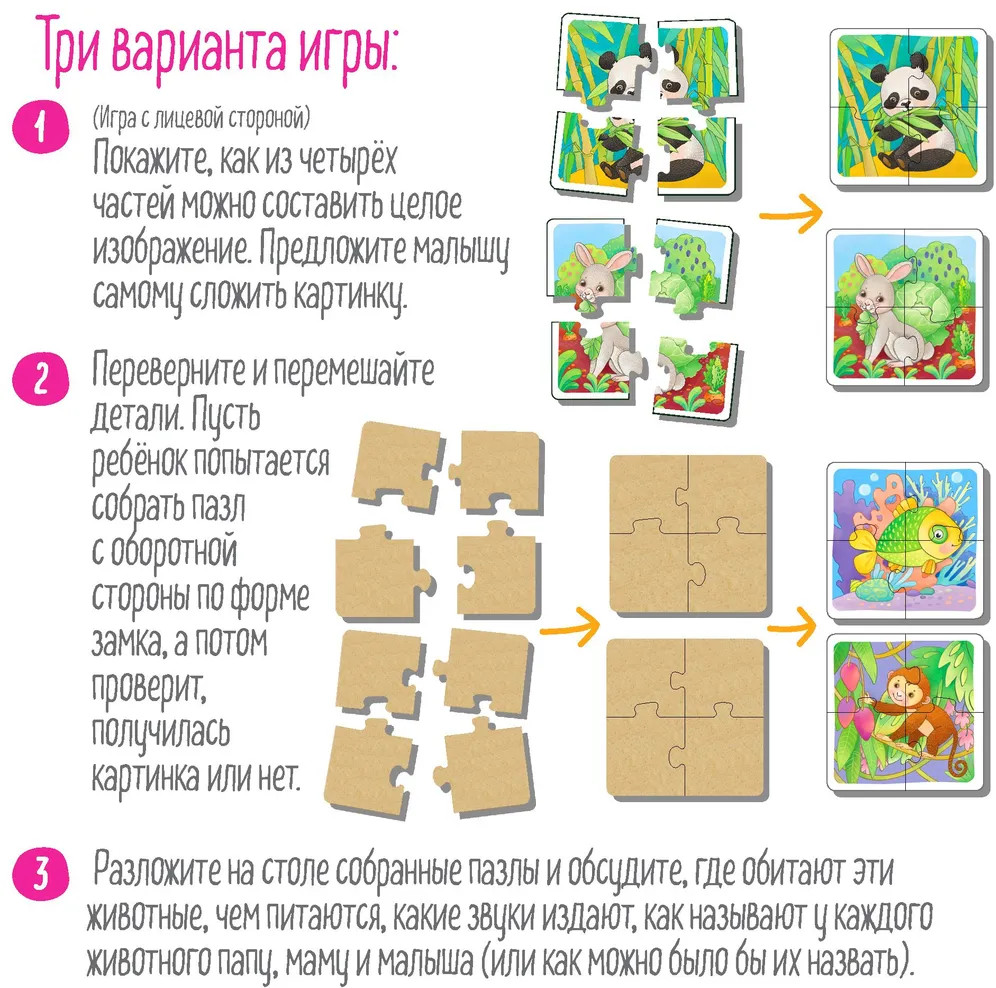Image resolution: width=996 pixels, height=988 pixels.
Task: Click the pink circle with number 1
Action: tap(41, 127)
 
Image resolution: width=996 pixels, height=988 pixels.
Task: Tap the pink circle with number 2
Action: tap(41, 379)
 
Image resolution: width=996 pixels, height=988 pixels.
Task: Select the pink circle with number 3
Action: tap(41, 873)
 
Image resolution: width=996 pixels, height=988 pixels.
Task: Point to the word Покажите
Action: tap(152, 158)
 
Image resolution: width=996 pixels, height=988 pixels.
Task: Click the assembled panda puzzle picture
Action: tap(908, 106)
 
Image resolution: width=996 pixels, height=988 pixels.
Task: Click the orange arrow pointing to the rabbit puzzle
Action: tap(791, 213)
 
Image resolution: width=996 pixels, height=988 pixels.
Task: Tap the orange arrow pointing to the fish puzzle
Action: tap(792, 626)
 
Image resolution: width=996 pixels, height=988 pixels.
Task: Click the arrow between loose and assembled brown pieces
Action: tap(570, 627)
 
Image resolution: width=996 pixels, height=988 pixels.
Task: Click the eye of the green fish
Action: tap(938, 534)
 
